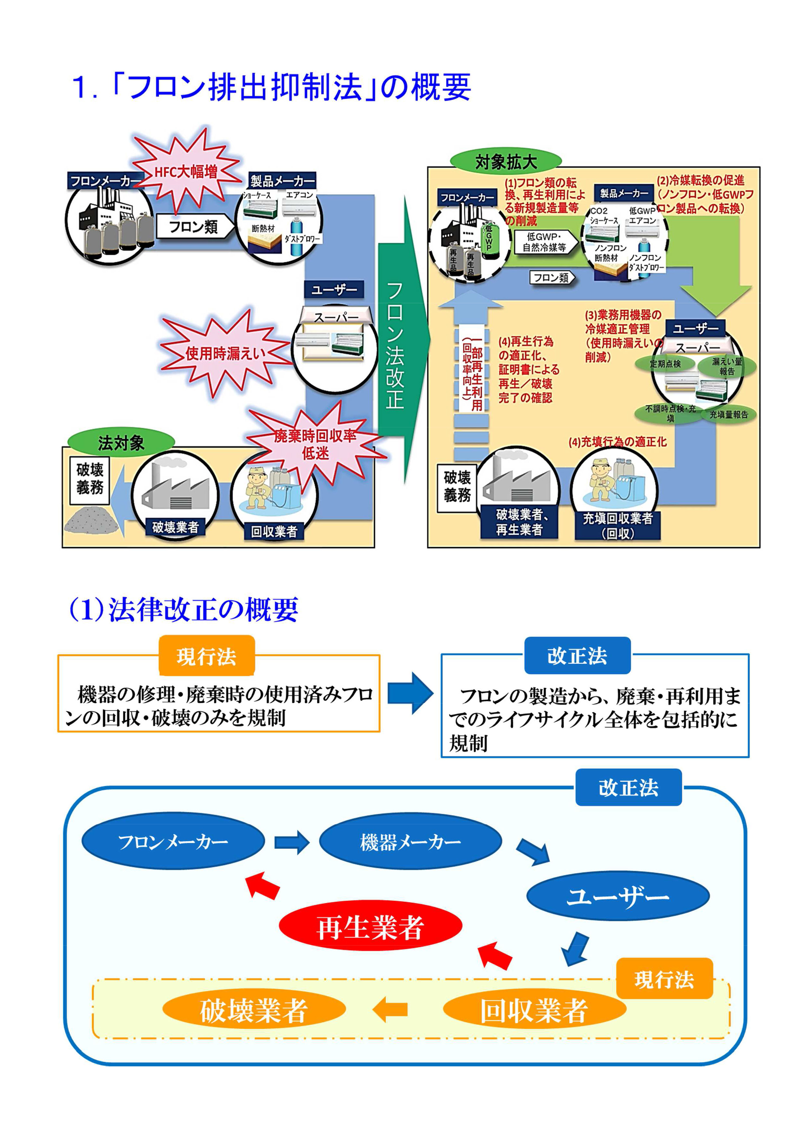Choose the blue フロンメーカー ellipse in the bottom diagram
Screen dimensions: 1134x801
pyautogui.click(x=173, y=841)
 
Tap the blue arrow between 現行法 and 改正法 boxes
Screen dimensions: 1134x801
pyautogui.click(x=410, y=693)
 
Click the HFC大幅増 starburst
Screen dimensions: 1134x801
pyautogui.click(x=186, y=171)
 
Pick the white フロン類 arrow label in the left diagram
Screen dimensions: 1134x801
pyautogui.click(x=194, y=227)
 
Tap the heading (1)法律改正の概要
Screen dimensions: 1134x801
pyautogui.click(x=184, y=609)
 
